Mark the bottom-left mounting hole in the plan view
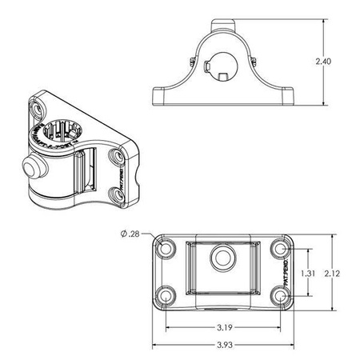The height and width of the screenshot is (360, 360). click(x=166, y=297)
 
